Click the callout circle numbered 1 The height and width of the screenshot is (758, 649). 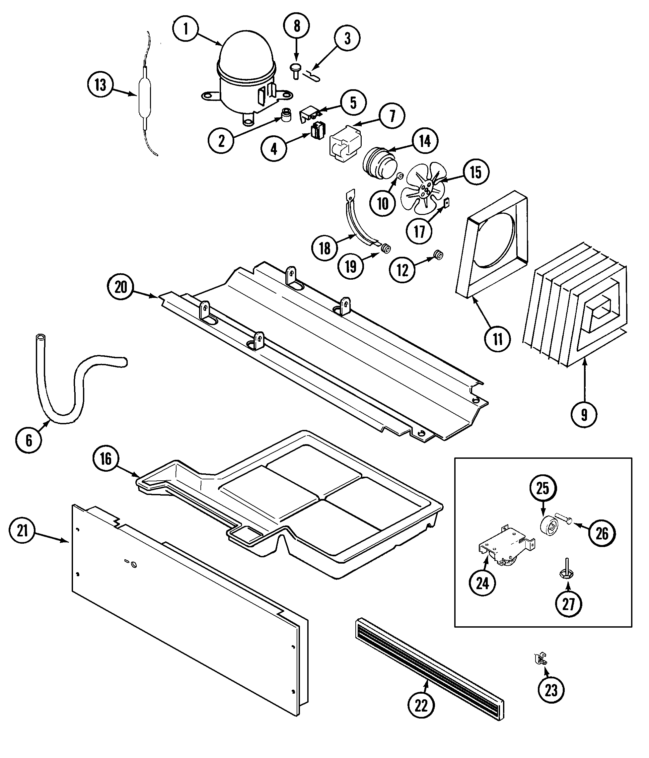click(185, 29)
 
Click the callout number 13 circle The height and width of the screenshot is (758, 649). click(100, 85)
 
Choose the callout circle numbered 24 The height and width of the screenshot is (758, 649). click(482, 583)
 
